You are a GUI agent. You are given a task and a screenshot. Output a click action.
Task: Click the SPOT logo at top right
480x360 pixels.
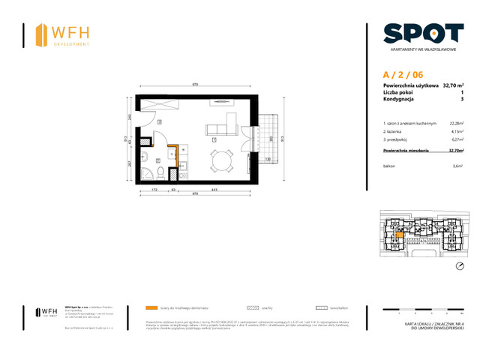423,33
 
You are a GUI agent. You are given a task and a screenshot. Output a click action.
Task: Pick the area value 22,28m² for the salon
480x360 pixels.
455,122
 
